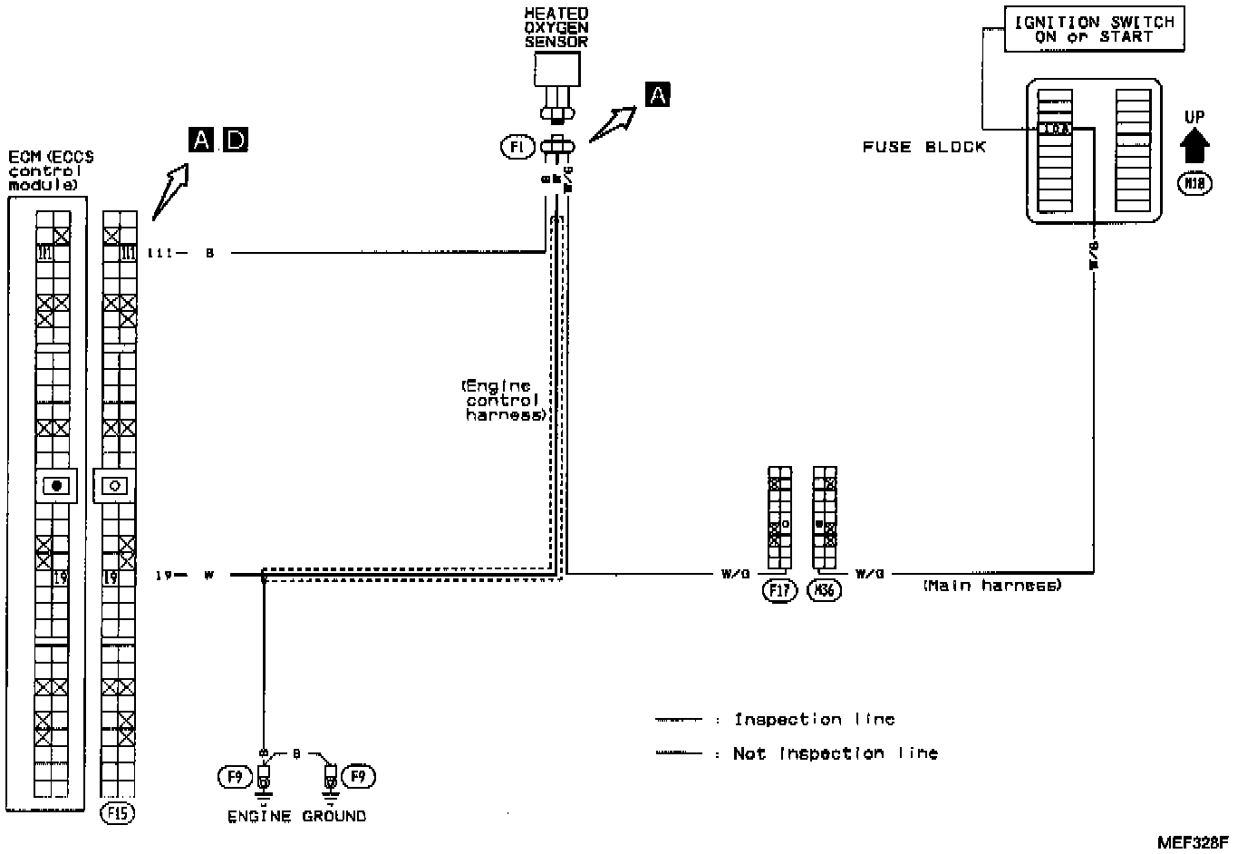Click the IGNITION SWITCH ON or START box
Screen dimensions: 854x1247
point(1093,30)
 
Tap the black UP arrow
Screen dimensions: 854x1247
point(1194,143)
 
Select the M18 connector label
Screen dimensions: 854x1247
point(1194,184)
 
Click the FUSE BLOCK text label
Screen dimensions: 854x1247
point(923,147)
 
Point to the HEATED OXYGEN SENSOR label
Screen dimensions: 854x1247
point(556,27)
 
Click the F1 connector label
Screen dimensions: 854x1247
point(517,146)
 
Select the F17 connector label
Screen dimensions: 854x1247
point(779,591)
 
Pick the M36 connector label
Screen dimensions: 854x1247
point(825,591)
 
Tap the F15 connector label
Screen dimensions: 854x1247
point(117,812)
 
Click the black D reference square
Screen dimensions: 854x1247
point(236,140)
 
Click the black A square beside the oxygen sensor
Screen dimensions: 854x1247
point(658,93)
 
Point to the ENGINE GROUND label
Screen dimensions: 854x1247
point(296,816)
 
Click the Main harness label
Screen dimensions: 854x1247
point(991,587)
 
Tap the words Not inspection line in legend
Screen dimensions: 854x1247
point(835,753)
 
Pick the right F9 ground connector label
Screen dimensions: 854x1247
point(359,777)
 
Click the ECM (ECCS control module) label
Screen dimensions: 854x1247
point(51,170)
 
